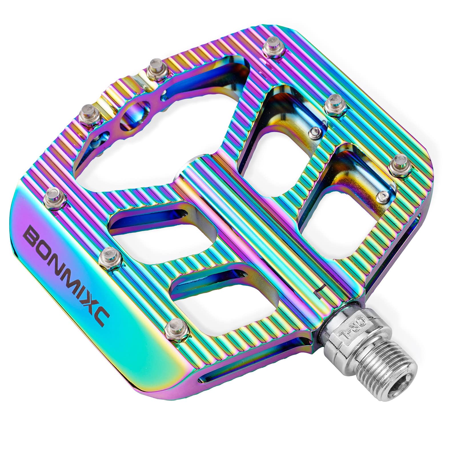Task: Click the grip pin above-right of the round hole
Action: pyautogui.click(x=156, y=69)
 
